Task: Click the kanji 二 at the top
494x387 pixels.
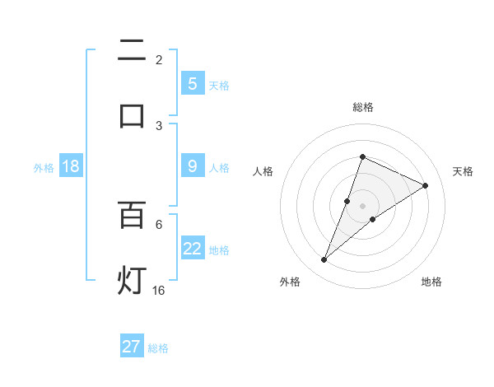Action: pos(132,52)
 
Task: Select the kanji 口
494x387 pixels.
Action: pos(132,114)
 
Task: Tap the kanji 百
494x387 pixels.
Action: pos(132,215)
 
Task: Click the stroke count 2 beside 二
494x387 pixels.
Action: pos(159,60)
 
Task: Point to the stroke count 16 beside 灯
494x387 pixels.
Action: pos(159,290)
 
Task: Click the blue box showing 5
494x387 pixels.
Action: pos(193,83)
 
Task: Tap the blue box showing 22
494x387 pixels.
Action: pos(193,249)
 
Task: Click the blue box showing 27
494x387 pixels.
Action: pos(132,347)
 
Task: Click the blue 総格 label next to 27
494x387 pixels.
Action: pos(158,348)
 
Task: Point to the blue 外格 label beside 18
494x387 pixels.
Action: pos(44,168)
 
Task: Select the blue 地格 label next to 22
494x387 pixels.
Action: pos(219,249)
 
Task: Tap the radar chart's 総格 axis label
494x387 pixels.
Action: pos(362,107)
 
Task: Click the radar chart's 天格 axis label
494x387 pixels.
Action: pos(463,171)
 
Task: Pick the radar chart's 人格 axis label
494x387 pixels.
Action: pos(263,171)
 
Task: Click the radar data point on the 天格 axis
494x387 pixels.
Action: pos(426,185)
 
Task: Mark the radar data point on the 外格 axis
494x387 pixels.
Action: pos(324,260)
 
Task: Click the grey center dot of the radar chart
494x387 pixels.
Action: pos(362,206)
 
